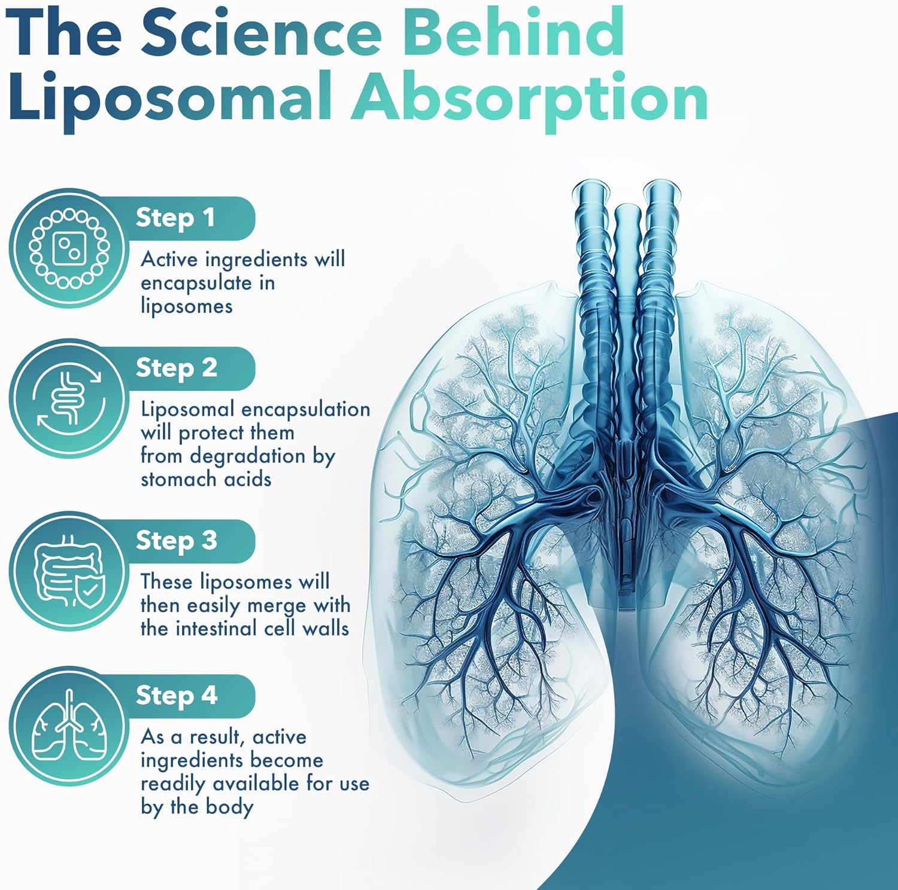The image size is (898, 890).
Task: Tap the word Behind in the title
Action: (x=515, y=33)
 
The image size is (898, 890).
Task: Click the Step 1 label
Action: (x=175, y=218)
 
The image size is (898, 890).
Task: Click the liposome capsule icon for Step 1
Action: (x=68, y=248)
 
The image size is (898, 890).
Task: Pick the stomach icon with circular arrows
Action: (x=68, y=398)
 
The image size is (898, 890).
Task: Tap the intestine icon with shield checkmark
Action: (x=68, y=571)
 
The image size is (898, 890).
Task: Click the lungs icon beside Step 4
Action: (x=68, y=726)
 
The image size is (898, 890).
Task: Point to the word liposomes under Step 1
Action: (x=186, y=306)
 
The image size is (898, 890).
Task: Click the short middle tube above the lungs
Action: (x=627, y=251)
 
